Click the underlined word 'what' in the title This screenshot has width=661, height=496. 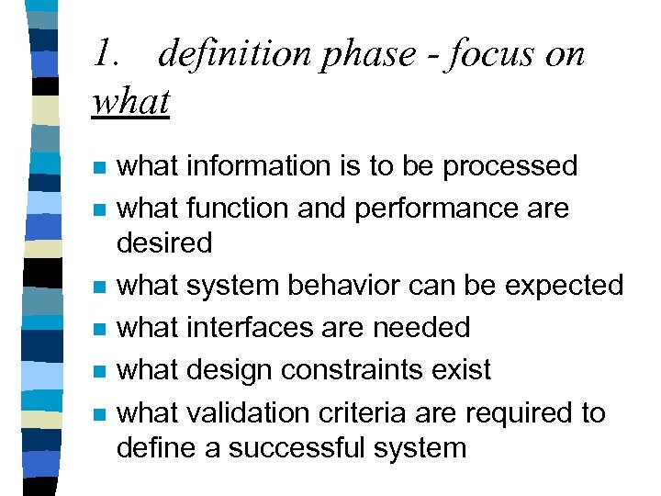[x=131, y=101]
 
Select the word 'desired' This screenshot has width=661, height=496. [x=164, y=242]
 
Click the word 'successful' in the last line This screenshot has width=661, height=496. [x=295, y=448]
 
